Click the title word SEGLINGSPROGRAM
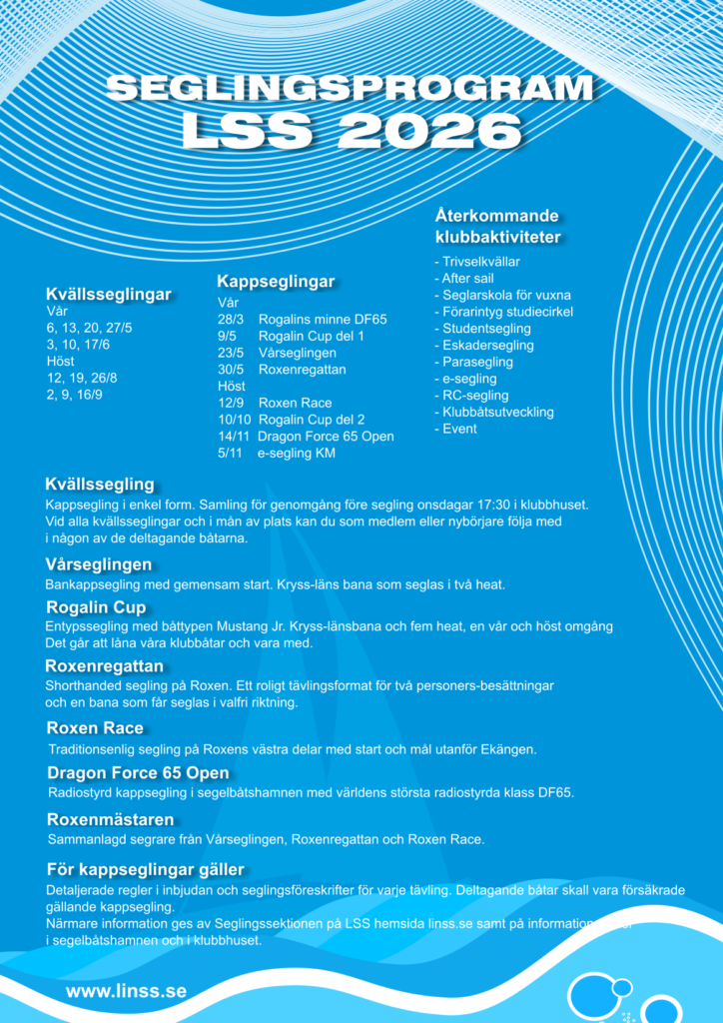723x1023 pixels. (x=349, y=89)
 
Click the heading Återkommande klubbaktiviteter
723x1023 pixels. (x=497, y=227)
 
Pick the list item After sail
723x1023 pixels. (x=469, y=278)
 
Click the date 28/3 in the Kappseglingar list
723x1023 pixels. (x=231, y=320)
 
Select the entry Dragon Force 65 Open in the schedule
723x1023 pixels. (x=326, y=437)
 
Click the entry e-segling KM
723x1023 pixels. (x=296, y=454)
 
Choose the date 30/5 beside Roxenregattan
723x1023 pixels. (x=231, y=370)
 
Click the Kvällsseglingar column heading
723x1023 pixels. (x=108, y=295)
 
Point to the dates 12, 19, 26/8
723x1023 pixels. (x=81, y=378)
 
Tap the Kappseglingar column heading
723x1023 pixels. (x=276, y=283)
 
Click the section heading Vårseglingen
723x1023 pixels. (x=98, y=564)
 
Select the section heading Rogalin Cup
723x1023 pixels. (x=96, y=607)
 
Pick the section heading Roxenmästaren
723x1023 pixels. (x=111, y=819)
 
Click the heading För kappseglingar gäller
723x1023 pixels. (x=146, y=869)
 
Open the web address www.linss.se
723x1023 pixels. (x=126, y=991)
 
